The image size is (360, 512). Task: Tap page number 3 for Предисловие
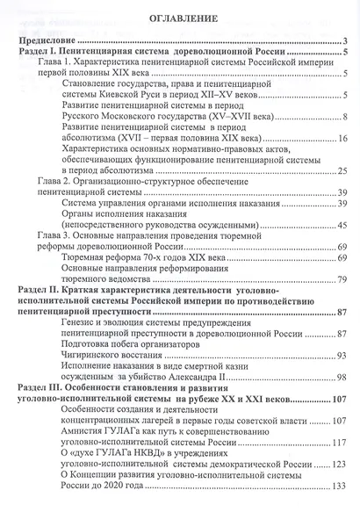tap(347, 41)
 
